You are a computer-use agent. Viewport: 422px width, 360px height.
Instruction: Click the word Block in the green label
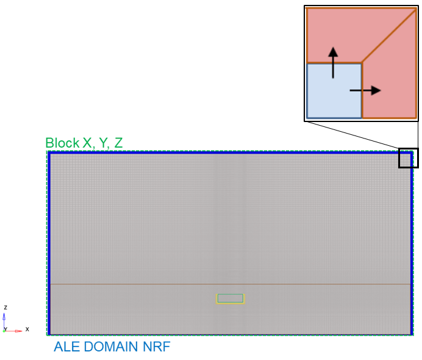click(x=62, y=143)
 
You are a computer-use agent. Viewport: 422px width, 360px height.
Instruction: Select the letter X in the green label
click(x=87, y=143)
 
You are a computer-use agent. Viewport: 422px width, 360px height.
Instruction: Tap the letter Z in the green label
click(x=118, y=143)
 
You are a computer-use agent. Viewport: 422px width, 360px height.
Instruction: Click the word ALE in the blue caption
click(x=66, y=347)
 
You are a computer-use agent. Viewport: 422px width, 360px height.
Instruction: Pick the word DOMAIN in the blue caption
click(x=111, y=347)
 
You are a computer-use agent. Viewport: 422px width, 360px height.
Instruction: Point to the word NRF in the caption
click(x=156, y=347)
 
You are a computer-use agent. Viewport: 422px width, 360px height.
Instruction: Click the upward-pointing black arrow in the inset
click(x=333, y=63)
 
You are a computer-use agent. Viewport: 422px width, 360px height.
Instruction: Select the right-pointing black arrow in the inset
click(x=365, y=90)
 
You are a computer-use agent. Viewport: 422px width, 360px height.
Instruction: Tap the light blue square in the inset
click(x=334, y=91)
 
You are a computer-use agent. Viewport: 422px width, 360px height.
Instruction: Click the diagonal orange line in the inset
click(x=389, y=36)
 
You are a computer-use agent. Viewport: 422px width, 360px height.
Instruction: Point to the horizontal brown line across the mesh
click(x=231, y=284)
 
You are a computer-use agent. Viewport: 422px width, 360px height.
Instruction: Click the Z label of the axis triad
click(x=5, y=308)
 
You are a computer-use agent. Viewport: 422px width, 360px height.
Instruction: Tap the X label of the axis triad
click(x=27, y=329)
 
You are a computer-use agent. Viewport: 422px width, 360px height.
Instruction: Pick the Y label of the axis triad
click(x=5, y=329)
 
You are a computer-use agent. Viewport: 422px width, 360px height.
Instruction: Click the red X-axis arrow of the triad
click(x=13, y=331)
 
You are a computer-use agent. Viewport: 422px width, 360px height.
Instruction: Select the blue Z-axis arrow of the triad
click(x=4, y=322)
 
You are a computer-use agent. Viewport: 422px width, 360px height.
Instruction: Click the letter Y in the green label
click(x=103, y=143)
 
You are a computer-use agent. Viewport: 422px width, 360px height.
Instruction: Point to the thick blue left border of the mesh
click(x=49, y=243)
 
